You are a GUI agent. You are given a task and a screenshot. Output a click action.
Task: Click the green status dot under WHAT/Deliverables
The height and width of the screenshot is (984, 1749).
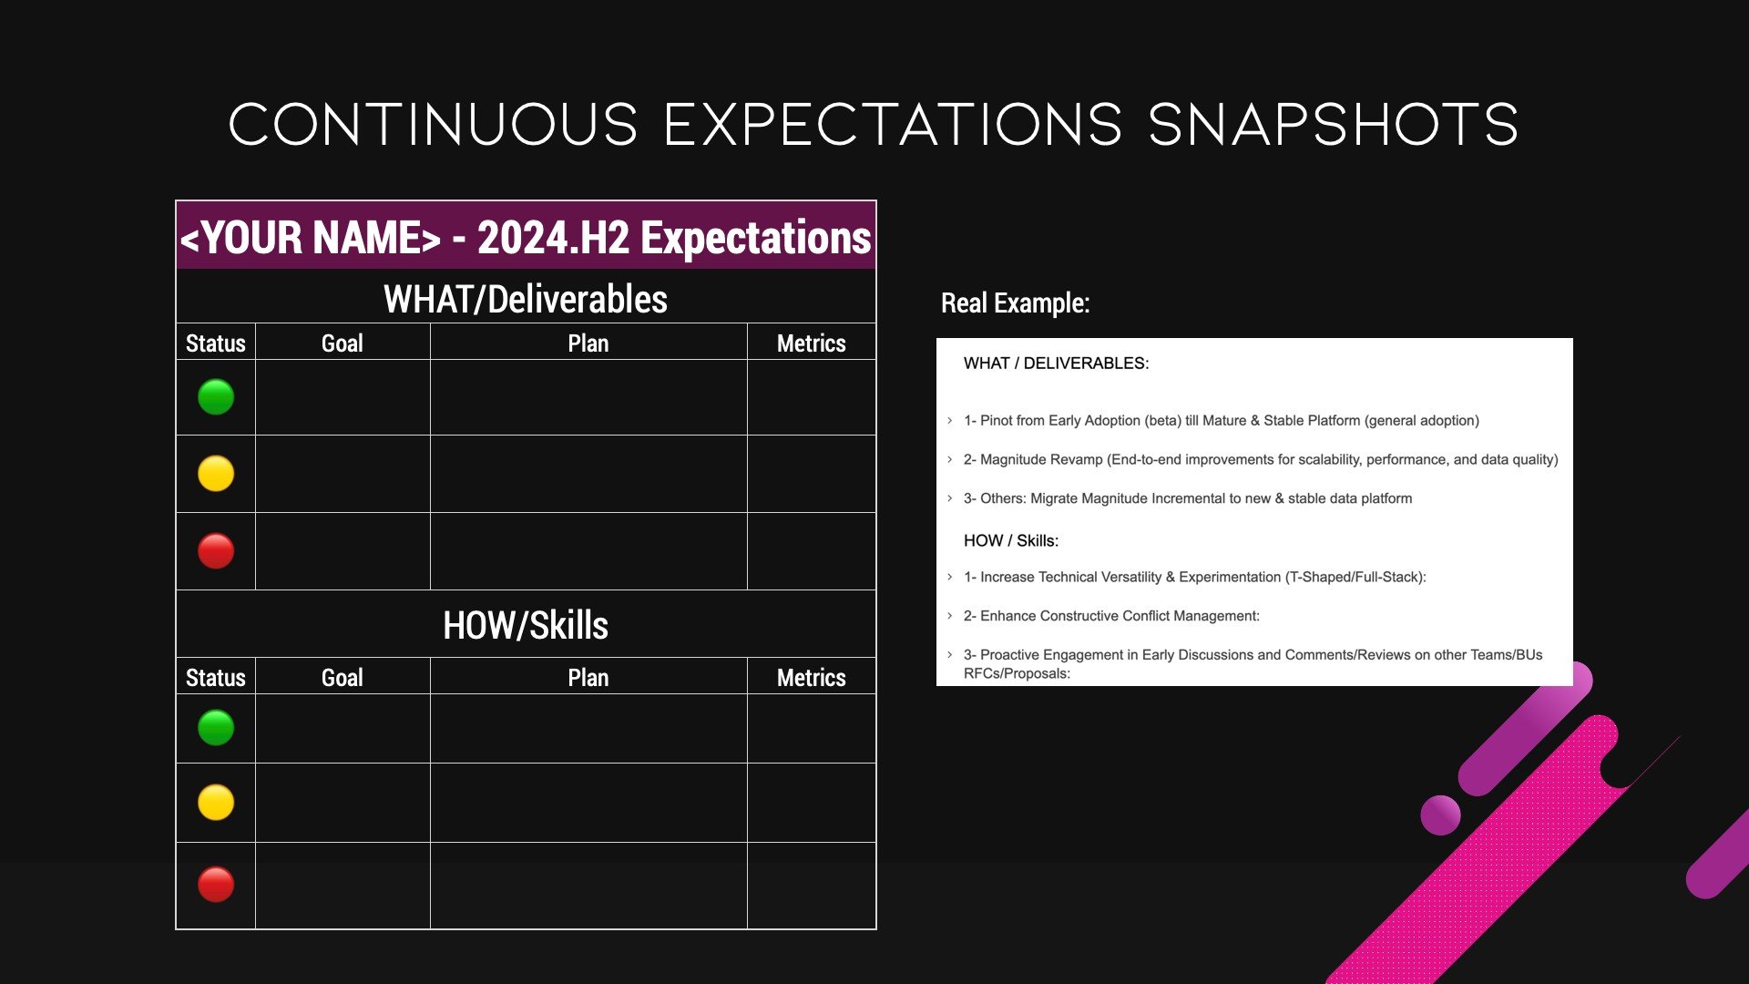point(216,397)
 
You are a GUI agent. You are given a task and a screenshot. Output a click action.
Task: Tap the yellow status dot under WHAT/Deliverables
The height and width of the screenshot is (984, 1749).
point(216,474)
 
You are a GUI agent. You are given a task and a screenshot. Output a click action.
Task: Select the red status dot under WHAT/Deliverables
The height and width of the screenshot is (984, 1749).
point(216,551)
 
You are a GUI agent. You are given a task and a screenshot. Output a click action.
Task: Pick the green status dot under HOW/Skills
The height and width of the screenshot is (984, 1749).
point(216,728)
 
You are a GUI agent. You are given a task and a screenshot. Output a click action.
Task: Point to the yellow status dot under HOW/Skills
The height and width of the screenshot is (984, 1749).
point(216,803)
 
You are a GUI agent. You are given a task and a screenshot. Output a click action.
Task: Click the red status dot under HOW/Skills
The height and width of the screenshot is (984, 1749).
point(216,885)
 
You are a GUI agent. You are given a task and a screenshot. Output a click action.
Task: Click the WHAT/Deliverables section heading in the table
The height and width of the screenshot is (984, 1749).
point(526,299)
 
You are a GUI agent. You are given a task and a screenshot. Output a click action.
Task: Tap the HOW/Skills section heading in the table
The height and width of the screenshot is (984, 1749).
point(526,626)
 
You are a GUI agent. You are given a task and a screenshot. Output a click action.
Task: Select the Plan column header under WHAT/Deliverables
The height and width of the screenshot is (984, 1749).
point(588,343)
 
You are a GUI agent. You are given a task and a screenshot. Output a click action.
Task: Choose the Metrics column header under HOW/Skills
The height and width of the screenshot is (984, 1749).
point(812,678)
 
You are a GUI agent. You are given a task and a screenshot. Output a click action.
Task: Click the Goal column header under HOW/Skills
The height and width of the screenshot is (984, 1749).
point(343,678)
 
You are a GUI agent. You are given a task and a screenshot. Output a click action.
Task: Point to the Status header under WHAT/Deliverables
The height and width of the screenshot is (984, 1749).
point(216,343)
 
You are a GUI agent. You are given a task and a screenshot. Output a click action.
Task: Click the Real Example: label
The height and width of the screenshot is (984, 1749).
point(1016,303)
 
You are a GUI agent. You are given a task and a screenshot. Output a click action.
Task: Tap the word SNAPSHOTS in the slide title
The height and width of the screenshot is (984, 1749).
point(1334,125)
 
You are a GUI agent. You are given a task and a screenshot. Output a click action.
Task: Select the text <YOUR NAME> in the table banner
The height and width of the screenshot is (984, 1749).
point(311,238)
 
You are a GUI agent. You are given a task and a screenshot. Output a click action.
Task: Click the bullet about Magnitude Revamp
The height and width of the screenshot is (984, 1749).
point(1261,459)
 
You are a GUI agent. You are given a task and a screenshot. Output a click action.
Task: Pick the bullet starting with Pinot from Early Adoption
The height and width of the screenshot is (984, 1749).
point(1222,420)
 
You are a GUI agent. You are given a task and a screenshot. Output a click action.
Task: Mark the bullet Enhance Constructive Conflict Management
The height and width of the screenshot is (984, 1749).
point(1111,616)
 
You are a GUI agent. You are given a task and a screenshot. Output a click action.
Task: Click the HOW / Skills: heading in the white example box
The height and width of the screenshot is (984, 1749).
point(1011,540)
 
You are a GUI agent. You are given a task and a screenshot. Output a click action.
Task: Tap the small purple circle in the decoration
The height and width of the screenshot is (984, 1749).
point(1440,815)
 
